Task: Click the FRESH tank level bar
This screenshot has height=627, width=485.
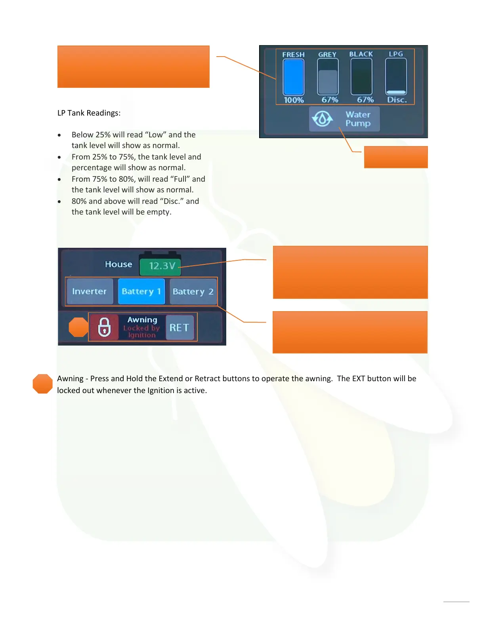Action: pos(293,77)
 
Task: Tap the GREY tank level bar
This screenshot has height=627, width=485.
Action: pos(328,77)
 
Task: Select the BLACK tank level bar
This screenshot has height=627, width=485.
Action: pos(361,77)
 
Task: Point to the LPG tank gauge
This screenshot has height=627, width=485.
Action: pos(396,77)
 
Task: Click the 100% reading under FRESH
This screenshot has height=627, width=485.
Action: pos(294,100)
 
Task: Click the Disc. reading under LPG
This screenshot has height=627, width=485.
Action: pos(397,100)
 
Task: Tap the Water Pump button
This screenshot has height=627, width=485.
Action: pos(344,119)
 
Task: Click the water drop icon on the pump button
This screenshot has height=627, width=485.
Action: pos(322,119)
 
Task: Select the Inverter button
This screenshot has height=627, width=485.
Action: pos(90,291)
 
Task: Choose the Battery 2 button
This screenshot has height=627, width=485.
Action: pos(193,292)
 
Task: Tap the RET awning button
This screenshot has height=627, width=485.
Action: pos(179,328)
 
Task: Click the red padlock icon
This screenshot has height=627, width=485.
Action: pos(104,327)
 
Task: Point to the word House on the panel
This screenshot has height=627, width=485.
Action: pos(118,264)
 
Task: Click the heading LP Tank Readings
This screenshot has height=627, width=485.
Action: pos(89,113)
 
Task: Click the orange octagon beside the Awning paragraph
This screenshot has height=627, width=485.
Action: pos(42,384)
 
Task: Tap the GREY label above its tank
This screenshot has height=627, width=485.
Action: pos(327,55)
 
